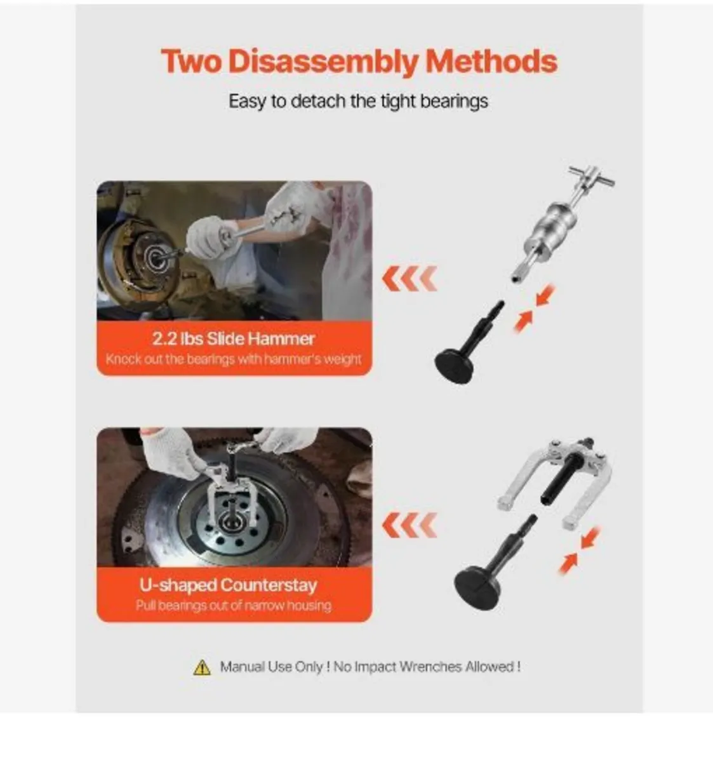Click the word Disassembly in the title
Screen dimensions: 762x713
point(323,62)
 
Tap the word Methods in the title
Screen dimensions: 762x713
point(491,62)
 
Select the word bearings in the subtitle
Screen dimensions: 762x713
point(452,102)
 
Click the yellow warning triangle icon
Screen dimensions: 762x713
point(202,667)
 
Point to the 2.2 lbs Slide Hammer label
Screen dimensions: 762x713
point(234,338)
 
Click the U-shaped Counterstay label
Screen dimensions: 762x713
point(228,585)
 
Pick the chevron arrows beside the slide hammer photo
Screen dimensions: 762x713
point(410,279)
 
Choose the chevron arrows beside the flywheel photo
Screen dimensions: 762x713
point(410,525)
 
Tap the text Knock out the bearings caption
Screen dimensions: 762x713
point(233,359)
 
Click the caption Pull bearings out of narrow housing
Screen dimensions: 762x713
point(233,606)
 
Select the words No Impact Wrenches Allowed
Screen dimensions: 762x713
point(427,667)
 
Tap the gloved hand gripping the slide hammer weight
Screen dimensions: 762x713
point(208,237)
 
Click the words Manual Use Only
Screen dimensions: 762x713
point(274,667)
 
